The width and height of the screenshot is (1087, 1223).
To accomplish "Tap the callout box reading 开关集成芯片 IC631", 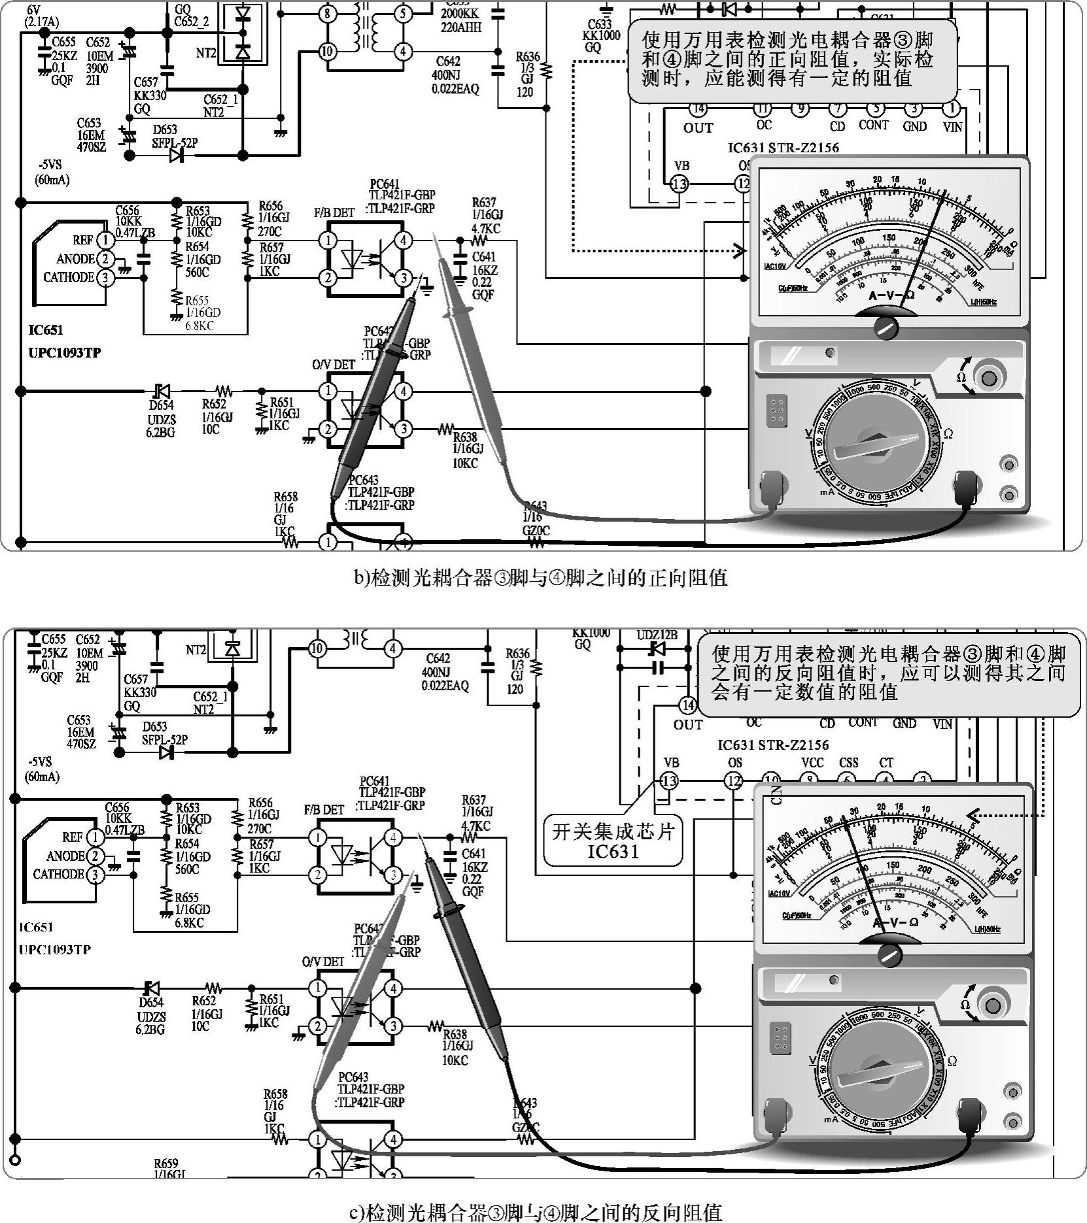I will tap(613, 841).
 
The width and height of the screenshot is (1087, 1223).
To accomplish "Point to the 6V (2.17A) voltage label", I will tap(42, 16).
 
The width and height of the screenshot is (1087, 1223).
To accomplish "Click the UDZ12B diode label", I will tap(657, 635).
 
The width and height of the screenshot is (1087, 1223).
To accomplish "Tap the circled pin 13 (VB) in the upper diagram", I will tap(680, 184).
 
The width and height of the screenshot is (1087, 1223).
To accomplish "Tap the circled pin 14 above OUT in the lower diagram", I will tap(687, 705).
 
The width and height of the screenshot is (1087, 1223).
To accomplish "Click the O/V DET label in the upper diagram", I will tap(334, 365).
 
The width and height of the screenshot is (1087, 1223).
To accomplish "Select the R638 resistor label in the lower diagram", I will tap(455, 1034).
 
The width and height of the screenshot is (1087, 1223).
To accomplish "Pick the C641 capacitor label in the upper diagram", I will tap(483, 257).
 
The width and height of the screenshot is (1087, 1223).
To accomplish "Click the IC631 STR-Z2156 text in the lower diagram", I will tap(772, 745).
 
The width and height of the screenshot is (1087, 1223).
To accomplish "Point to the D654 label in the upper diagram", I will tap(161, 405).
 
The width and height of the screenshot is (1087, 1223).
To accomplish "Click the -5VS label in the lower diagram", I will tap(40, 762).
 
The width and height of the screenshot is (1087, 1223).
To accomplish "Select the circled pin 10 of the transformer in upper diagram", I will tap(327, 52).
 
